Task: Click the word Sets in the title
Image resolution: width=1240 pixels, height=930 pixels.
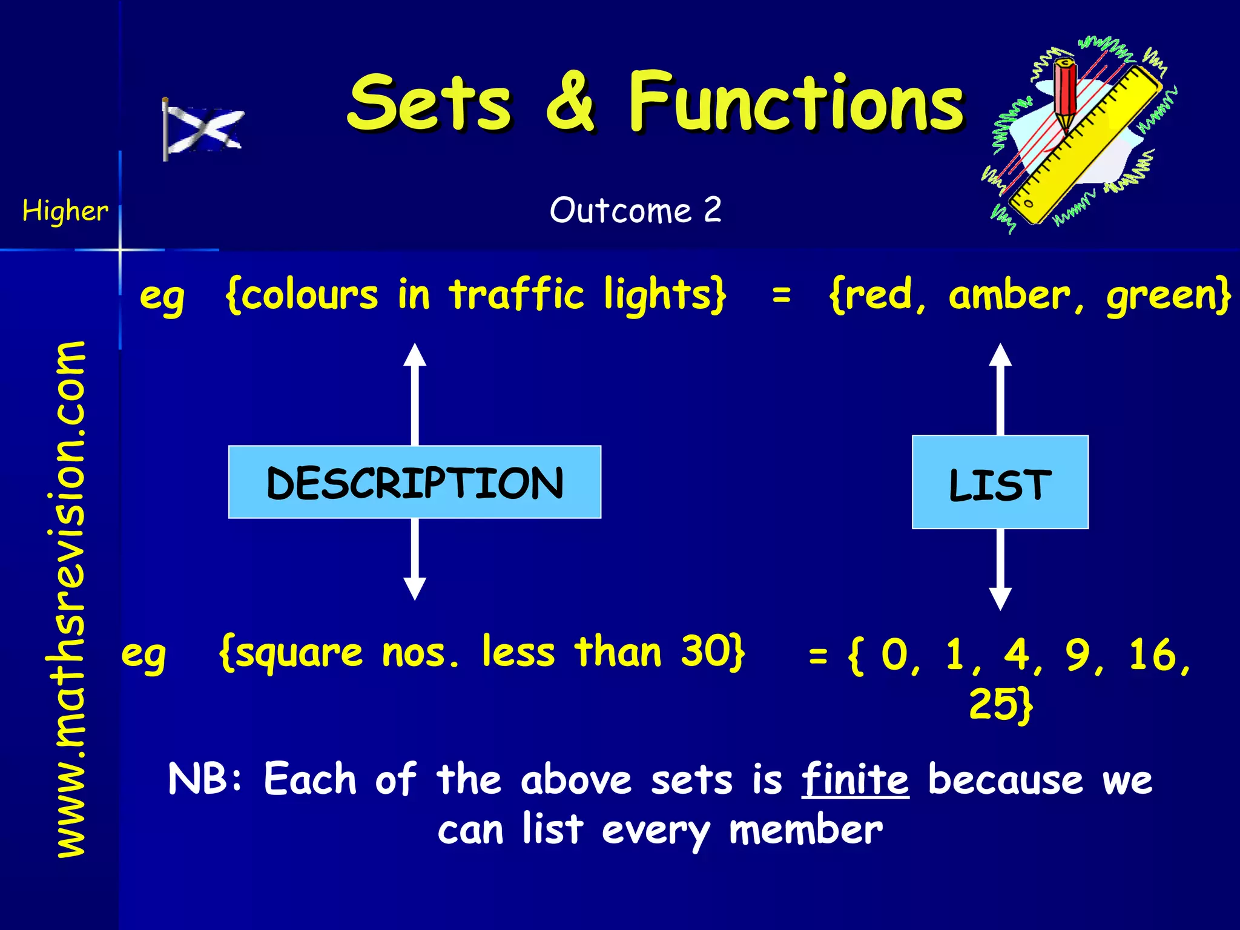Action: tap(429, 103)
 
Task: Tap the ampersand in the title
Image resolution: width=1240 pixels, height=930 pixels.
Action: tap(570, 102)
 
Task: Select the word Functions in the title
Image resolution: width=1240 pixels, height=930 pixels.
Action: tap(796, 102)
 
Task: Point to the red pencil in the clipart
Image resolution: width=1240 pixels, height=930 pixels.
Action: tap(1065, 91)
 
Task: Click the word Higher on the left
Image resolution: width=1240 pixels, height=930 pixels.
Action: tap(65, 211)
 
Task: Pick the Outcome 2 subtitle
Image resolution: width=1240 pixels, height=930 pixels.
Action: tap(635, 210)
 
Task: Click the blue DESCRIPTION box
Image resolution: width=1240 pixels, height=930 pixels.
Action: tap(415, 482)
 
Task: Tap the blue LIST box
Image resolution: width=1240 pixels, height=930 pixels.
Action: tap(1000, 483)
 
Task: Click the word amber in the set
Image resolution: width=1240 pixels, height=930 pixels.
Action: tap(1010, 295)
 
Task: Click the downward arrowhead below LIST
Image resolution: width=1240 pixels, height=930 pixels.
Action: tap(1000, 598)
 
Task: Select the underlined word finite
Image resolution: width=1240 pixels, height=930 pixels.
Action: tap(855, 779)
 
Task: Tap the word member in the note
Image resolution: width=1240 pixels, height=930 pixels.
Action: tap(806, 830)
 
